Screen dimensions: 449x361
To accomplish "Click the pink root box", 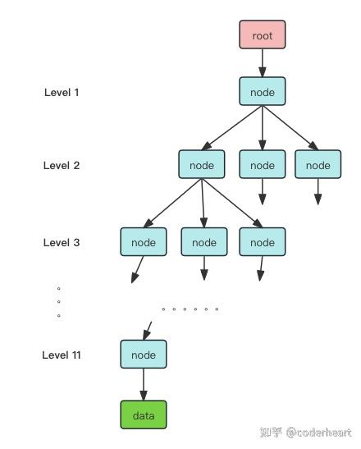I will (263, 36).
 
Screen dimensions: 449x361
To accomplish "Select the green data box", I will (144, 415).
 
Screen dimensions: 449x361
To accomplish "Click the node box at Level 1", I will (263, 92).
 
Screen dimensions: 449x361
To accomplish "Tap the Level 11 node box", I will (144, 355).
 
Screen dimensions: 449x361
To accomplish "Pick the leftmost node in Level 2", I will (202, 165).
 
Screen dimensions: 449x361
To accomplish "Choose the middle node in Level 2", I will (263, 165).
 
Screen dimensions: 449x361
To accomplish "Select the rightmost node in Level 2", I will (318, 165).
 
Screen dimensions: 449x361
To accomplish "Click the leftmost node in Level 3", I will (144, 242).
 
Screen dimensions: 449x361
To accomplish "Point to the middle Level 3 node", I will (204, 242).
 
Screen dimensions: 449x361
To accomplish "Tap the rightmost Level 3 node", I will (263, 242).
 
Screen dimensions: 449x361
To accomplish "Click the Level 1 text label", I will (62, 92).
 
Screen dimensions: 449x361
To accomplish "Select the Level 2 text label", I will (62, 165).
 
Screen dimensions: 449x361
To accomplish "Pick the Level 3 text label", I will (62, 243).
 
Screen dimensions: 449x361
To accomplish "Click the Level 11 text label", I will (62, 355).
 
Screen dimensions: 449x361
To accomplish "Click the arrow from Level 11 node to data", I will (144, 384).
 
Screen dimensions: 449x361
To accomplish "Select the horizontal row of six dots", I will (190, 309).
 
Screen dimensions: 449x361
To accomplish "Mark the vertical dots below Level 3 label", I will (59, 302).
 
